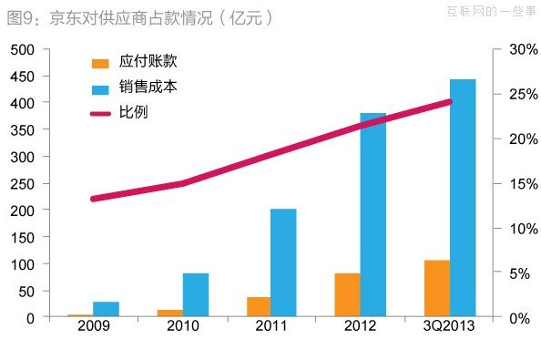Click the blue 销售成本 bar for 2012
pos(373,215)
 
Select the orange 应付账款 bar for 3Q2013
pos(436,289)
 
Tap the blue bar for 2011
pos(283,263)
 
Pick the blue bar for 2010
pos(195,295)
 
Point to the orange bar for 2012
pos(347,295)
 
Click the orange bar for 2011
pos(258,307)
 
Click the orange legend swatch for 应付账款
pos(100,63)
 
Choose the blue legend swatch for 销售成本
pos(100,88)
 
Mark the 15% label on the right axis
pos(518,183)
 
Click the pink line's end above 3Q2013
pos(450,101)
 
